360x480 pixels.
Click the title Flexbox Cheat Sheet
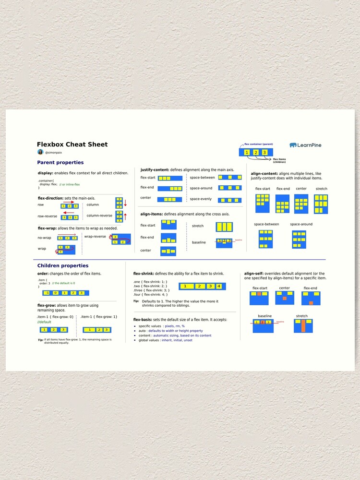coord(72,144)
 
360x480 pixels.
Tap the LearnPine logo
coord(305,145)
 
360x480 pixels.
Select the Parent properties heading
coord(60,163)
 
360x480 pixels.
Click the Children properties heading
coord(62,265)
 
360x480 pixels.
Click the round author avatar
coord(40,152)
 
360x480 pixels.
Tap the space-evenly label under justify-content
coord(201,199)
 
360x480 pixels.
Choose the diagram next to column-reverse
coord(119,216)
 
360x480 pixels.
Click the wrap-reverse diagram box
coord(121,239)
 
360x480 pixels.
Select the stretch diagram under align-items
coord(224,227)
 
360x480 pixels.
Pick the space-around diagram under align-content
coord(299,239)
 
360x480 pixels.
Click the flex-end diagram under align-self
coord(311,298)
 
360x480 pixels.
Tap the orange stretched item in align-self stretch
coord(303,326)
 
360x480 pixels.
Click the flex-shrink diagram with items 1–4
coord(202,287)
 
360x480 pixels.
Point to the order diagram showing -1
coord(64,293)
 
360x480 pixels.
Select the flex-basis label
coord(143,320)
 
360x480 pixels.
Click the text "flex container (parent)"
coord(259,144)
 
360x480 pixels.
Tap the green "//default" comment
coord(44,323)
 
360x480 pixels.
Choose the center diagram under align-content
coord(301,204)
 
